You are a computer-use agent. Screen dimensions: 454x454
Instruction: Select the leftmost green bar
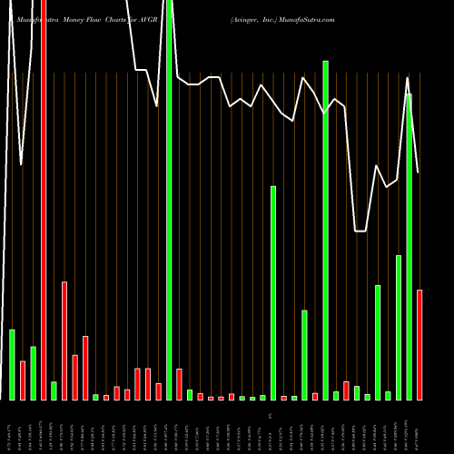(13, 364)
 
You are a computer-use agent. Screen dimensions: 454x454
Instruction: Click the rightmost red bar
(419, 345)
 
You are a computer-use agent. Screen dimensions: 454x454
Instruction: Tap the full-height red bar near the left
(44, 200)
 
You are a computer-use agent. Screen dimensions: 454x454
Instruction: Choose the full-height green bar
(169, 200)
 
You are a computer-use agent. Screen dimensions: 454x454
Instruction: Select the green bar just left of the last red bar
(409, 246)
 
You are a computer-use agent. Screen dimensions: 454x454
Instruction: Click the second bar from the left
(23, 380)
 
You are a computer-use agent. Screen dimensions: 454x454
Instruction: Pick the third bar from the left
(34, 373)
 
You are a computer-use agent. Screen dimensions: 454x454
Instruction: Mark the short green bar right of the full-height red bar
(54, 390)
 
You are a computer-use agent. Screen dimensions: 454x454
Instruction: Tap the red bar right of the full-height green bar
(179, 384)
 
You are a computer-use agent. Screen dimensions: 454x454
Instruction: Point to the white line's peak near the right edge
(408, 78)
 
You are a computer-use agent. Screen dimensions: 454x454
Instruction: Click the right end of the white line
(419, 173)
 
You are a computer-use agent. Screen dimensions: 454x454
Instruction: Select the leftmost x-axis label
(13, 427)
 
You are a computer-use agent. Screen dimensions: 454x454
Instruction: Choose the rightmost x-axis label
(419, 427)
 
